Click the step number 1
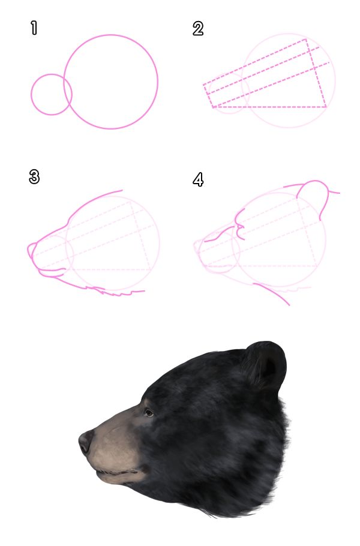point(34,28)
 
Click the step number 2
point(198,28)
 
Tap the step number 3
point(34,177)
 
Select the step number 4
point(198,179)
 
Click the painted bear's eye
point(148,412)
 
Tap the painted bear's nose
point(85,442)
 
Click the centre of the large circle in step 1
point(111,82)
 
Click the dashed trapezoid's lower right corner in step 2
point(326,107)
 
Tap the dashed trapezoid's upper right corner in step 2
point(307,40)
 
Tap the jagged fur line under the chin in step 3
point(120,293)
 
